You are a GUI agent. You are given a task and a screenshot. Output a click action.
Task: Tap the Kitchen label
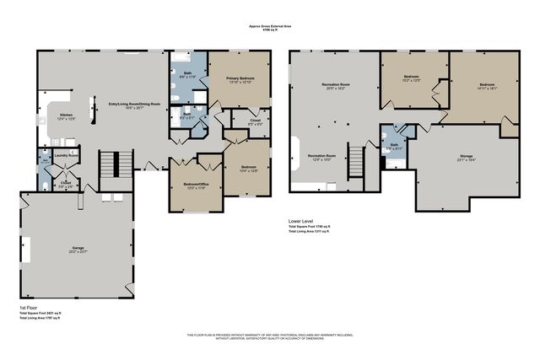[x=67, y=117]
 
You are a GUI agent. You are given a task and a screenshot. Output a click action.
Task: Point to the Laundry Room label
[x=66, y=156]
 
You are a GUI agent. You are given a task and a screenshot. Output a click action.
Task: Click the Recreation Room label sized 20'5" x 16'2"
[x=336, y=86]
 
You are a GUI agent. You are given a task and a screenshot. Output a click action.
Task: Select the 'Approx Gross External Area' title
[x=269, y=26]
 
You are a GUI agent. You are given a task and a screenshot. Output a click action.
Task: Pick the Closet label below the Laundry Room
[x=66, y=183]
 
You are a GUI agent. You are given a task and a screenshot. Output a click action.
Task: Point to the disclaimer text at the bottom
[x=269, y=337]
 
